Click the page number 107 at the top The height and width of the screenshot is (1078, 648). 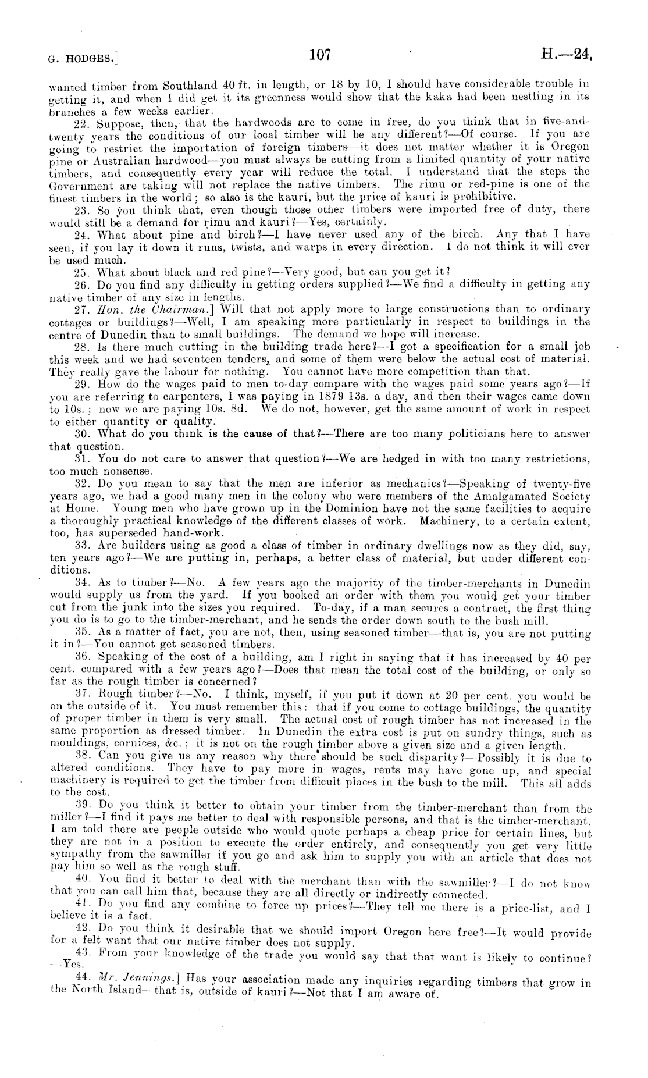tap(320, 55)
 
